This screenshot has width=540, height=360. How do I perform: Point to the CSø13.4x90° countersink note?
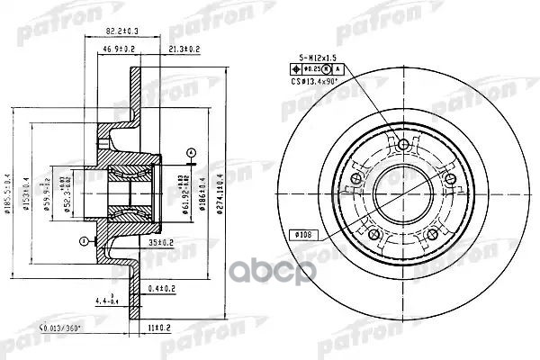point(319,81)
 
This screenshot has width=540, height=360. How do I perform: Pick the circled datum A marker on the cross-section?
point(190,150)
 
